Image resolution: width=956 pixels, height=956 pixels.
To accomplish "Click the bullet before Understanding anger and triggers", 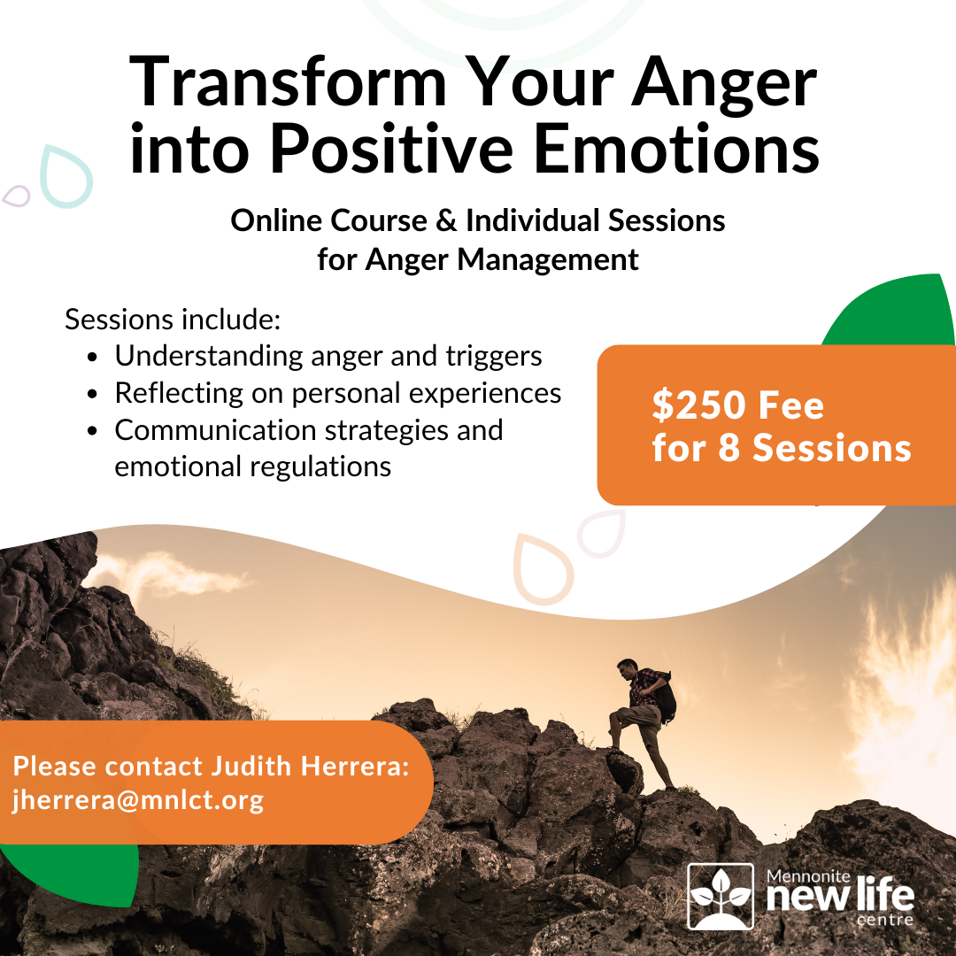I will click(94, 358).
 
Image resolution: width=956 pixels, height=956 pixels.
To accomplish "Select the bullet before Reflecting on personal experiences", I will click(94, 395).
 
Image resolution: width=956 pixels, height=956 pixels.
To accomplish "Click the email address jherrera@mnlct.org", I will click(138, 800).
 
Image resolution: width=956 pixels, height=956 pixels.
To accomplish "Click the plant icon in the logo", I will click(720, 896).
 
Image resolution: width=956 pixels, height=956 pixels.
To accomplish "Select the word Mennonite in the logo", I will click(806, 876).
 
